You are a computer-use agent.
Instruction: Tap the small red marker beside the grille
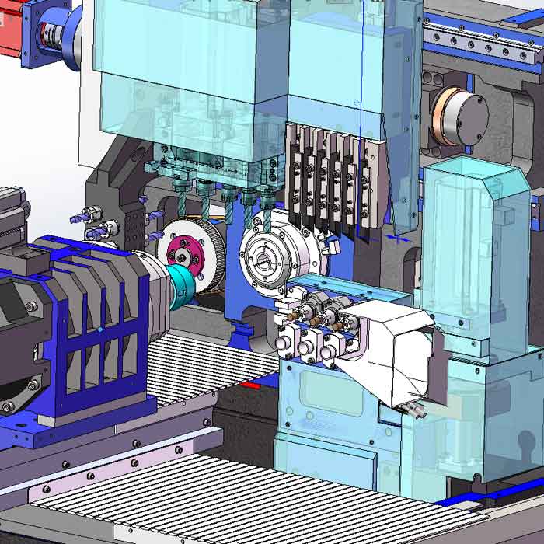(x=249, y=385)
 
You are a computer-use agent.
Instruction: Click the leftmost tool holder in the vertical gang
(x=293, y=175)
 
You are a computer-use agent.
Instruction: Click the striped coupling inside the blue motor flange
(x=54, y=36)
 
